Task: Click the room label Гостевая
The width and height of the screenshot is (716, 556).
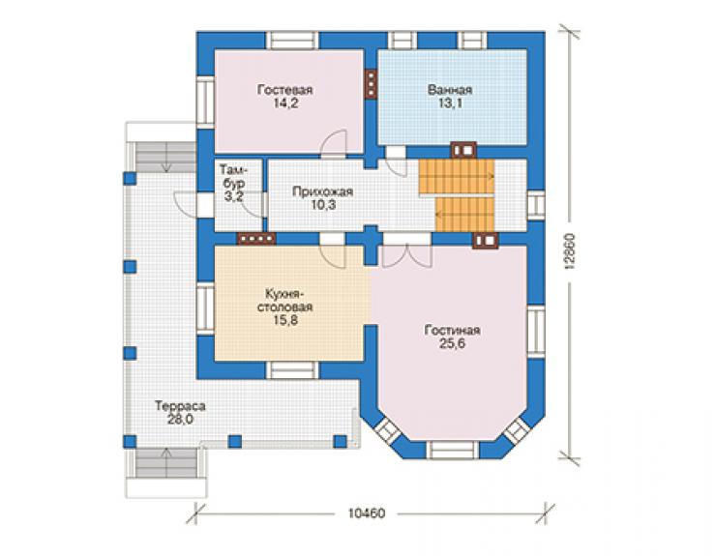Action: [284, 90]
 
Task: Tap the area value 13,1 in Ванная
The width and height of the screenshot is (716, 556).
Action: [450, 103]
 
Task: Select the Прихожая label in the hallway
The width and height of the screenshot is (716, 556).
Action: [323, 191]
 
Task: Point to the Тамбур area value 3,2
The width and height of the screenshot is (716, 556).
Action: [233, 196]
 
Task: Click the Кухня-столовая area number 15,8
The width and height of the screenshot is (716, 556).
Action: [285, 320]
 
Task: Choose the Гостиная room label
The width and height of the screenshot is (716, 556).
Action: [452, 330]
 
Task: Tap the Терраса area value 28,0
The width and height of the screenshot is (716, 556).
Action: [179, 420]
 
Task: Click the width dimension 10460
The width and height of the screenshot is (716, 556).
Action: [367, 513]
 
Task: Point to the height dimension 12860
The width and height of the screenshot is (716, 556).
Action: [569, 252]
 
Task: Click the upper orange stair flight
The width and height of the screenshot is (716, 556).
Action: [457, 177]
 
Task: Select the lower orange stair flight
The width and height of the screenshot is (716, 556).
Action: [465, 215]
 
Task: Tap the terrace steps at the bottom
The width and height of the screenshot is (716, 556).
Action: [167, 463]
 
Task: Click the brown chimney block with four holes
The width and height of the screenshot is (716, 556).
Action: [256, 238]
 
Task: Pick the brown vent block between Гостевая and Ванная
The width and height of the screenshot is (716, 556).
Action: [371, 83]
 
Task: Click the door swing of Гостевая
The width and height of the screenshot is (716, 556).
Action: [335, 143]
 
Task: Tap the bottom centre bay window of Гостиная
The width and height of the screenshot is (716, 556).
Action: [453, 450]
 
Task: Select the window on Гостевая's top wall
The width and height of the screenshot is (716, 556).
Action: [292, 41]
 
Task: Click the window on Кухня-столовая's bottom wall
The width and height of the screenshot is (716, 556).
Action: [292, 369]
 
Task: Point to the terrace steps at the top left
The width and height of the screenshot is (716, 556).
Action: [166, 157]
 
